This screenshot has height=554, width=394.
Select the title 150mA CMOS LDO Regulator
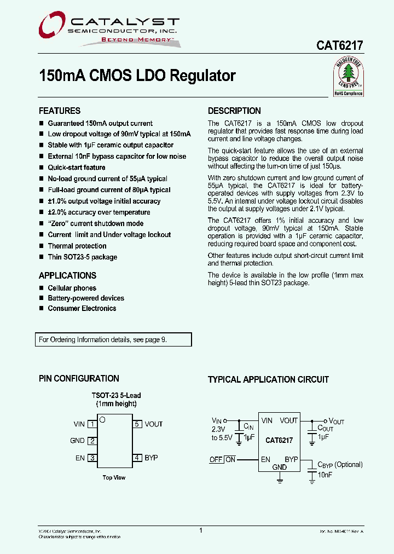[137, 76]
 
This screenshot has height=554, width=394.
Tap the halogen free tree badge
[348, 77]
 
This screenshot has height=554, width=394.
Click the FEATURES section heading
[60, 111]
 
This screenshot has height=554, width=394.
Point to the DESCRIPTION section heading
[234, 111]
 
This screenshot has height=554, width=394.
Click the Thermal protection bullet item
[77, 246]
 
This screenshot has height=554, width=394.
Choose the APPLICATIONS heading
[67, 275]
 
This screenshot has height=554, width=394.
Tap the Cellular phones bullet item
[72, 288]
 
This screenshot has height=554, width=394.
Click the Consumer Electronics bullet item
[82, 308]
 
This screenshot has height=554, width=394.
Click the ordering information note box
[113, 339]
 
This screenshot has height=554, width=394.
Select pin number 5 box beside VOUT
[137, 424]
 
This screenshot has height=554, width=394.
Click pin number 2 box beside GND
[92, 441]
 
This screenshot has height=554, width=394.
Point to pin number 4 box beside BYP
[137, 458]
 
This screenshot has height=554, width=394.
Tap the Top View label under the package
[114, 477]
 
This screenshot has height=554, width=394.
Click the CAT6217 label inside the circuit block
[279, 440]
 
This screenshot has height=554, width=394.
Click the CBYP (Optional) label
[340, 464]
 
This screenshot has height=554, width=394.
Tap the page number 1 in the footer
[201, 530]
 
